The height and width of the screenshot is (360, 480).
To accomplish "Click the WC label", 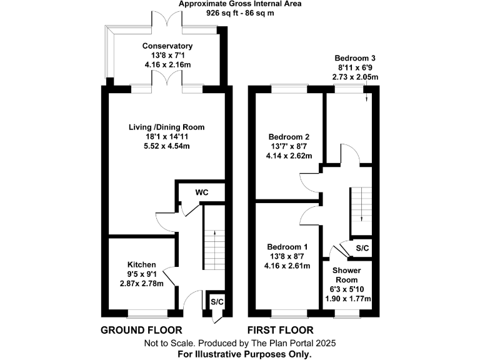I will [x=201, y=192].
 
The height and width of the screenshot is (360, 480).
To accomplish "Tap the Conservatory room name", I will [x=167, y=46].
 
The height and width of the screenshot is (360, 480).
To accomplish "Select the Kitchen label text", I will [x=142, y=264].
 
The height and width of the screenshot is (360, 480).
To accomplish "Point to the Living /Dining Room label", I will [x=167, y=127].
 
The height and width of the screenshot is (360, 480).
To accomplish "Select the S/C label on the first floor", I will [x=362, y=248].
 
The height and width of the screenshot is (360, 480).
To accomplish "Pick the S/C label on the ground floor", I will [x=216, y=302].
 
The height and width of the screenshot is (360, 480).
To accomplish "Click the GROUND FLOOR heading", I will [x=141, y=330].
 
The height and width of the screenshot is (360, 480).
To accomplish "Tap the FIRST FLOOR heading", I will [x=281, y=330].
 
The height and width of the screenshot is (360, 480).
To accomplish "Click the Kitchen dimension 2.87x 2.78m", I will [x=142, y=283].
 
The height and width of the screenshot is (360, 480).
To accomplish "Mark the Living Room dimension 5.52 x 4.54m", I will [x=167, y=146].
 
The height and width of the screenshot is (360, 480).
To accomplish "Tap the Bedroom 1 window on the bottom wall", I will [x=289, y=311].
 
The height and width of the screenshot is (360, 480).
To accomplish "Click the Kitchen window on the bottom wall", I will [x=147, y=311].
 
